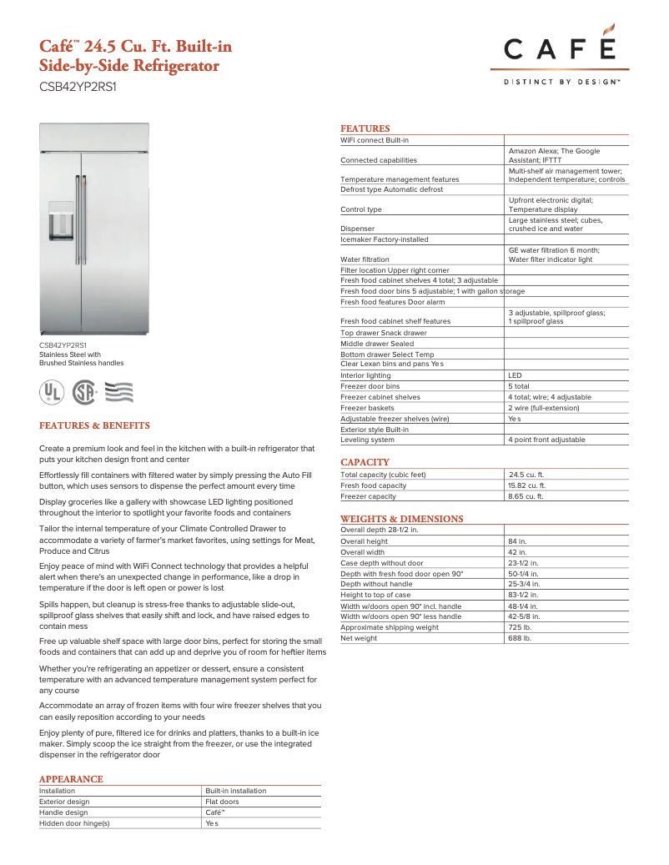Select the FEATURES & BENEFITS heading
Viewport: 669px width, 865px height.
[x=94, y=425]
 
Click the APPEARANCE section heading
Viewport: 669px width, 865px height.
[x=71, y=779]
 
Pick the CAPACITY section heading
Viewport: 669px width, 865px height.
[x=365, y=462]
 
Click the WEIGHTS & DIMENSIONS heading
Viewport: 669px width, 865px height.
[x=401, y=519]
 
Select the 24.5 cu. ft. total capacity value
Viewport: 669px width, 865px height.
[x=526, y=475]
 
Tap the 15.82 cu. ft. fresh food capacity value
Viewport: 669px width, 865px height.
[x=527, y=485]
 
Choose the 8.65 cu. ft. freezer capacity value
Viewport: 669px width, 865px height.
[x=526, y=496]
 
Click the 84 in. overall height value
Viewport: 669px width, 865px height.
[x=517, y=541]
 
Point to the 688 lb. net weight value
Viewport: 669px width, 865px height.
[x=519, y=638]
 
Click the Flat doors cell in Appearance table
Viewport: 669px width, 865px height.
[x=222, y=802]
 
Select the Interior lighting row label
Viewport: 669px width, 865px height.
[x=365, y=375]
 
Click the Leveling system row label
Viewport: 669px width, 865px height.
[x=367, y=440]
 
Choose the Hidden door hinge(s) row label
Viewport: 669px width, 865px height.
[x=74, y=823]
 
